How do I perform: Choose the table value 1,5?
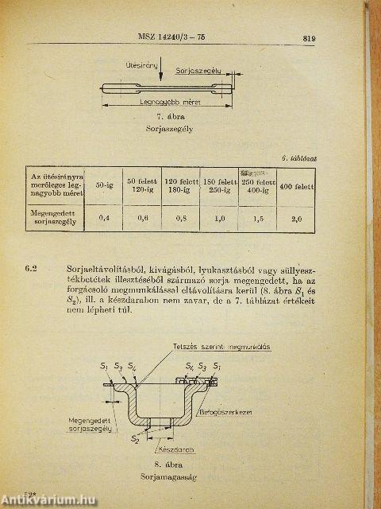[x=257, y=218]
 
